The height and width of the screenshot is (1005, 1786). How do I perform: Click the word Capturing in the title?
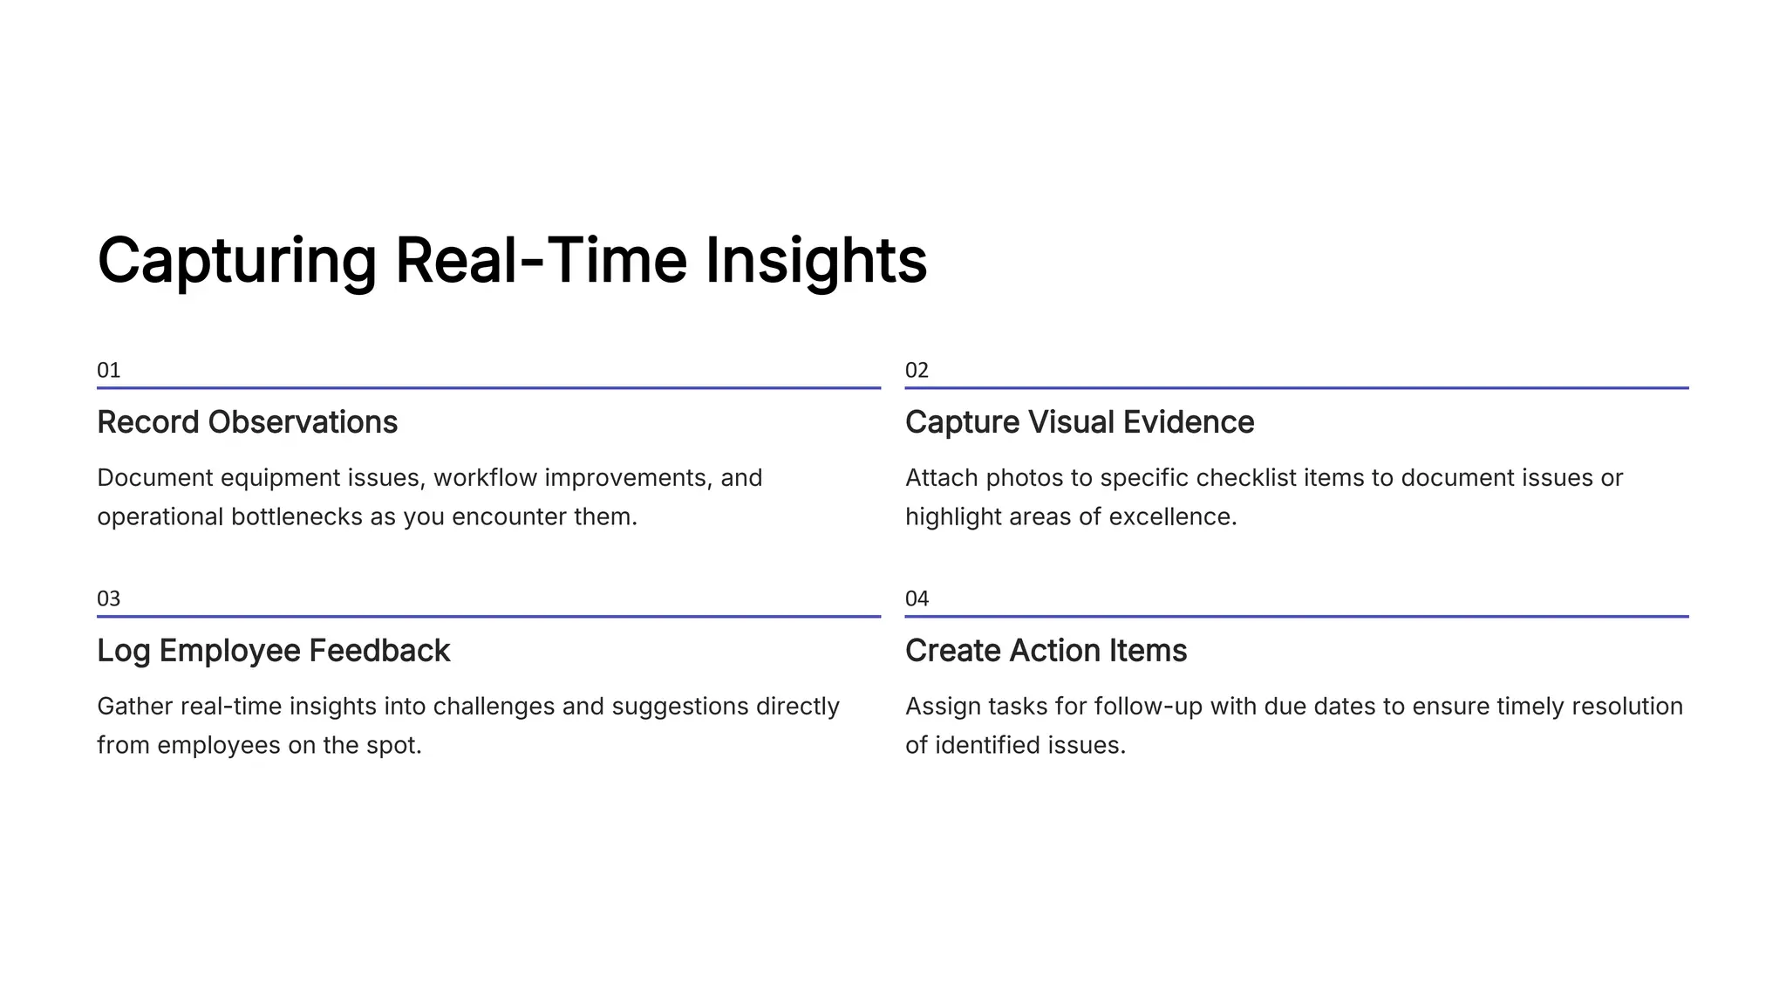(236, 262)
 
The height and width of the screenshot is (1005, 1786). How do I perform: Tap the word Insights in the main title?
(815, 262)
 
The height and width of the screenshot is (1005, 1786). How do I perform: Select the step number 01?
(108, 371)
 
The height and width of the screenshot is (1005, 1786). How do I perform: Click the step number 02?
(917, 371)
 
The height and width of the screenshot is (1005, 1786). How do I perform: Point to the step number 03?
(108, 599)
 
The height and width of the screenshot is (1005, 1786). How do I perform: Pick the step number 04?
(917, 599)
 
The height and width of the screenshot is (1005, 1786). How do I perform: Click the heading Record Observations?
(247, 422)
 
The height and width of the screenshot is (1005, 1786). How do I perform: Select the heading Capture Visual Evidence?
(1079, 422)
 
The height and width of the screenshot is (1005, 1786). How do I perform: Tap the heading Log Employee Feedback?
(273, 651)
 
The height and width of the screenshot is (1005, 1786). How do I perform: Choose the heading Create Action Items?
(1046, 651)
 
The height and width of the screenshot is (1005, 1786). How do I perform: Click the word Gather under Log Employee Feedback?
(134, 707)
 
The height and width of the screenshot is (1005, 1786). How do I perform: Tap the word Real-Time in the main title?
(541, 262)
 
